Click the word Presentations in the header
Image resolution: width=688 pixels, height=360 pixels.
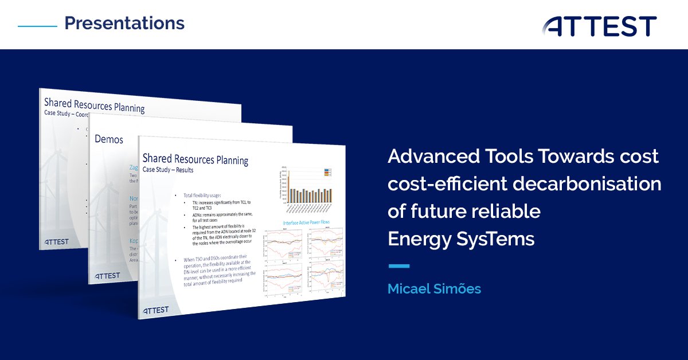(124, 24)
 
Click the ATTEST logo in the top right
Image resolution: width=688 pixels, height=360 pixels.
(600, 26)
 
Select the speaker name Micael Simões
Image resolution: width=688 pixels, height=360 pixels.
(434, 289)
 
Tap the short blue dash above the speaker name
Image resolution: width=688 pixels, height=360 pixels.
(398, 266)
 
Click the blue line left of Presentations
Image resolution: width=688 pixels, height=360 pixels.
(37, 26)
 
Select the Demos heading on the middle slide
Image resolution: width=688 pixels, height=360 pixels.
(108, 139)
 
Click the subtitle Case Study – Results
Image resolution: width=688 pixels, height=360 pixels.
(168, 170)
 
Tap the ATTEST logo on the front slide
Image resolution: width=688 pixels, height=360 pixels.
(155, 310)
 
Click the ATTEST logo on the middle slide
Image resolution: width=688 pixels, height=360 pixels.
(107, 276)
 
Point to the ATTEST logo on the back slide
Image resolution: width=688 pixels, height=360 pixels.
(56, 241)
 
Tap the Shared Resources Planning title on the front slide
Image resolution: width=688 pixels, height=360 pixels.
(195, 159)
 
